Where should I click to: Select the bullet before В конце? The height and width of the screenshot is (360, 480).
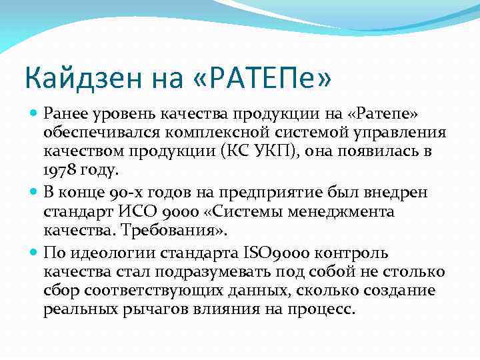pos(35,192)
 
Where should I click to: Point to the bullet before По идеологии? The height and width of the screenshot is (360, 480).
pos(35,253)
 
